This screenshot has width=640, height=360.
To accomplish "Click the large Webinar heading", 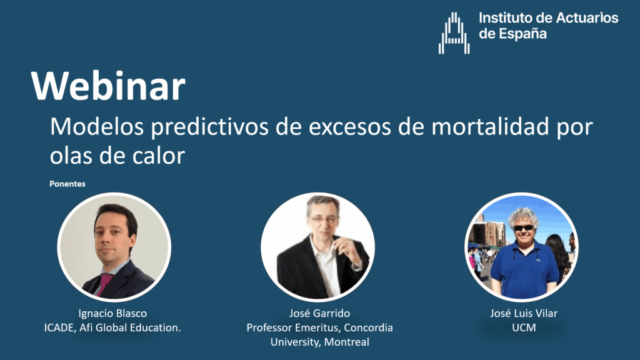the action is (108, 86).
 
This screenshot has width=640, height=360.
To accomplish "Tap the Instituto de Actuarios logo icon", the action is (454, 33).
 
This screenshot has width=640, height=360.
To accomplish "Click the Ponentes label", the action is (67, 184).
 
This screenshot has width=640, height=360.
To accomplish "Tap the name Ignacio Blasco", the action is (112, 314).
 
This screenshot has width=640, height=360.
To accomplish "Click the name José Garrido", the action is (319, 314).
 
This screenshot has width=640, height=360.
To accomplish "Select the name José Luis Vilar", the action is (524, 314).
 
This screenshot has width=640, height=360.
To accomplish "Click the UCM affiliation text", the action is (524, 327).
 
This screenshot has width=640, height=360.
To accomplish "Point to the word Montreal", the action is (346, 342).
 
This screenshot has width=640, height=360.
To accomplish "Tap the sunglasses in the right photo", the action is (523, 227).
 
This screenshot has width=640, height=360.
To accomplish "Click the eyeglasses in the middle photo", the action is (323, 219).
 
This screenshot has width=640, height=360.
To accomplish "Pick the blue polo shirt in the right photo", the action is (524, 269).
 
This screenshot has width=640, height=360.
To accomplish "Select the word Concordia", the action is (368, 327).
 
